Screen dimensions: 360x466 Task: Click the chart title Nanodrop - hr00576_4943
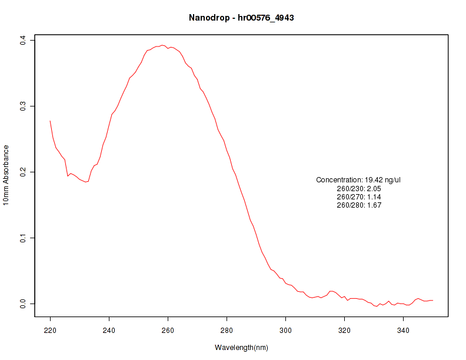(x=241, y=18)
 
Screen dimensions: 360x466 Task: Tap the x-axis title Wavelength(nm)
(x=241, y=348)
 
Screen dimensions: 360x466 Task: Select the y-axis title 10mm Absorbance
(x=6, y=175)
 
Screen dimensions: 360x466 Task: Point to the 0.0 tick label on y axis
(x=23, y=304)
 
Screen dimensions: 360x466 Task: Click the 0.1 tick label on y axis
(x=23, y=238)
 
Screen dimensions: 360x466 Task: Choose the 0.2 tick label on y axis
(x=23, y=172)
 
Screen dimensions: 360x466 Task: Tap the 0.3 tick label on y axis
(x=23, y=106)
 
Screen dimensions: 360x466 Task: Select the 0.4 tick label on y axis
(x=23, y=39)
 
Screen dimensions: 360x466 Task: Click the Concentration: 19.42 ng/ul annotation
(x=358, y=180)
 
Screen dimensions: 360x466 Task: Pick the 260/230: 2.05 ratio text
(x=359, y=189)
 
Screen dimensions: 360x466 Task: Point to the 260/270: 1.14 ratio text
(x=359, y=197)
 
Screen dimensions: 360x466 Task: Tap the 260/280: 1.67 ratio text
(x=359, y=205)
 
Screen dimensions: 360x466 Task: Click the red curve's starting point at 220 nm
(x=50, y=121)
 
